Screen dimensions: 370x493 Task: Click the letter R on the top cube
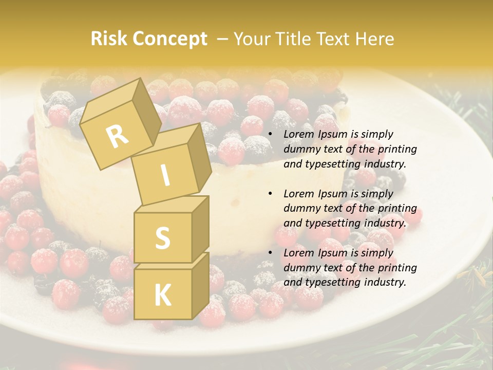coord(117,136)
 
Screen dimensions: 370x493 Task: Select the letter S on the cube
coord(162,238)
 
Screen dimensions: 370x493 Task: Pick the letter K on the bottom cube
coord(162,295)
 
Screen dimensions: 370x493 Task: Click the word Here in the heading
coord(374,39)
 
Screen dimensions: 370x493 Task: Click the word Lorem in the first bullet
coord(299,135)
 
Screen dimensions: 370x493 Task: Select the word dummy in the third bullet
coord(301,268)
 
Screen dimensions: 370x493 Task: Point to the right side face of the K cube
coord(200,288)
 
